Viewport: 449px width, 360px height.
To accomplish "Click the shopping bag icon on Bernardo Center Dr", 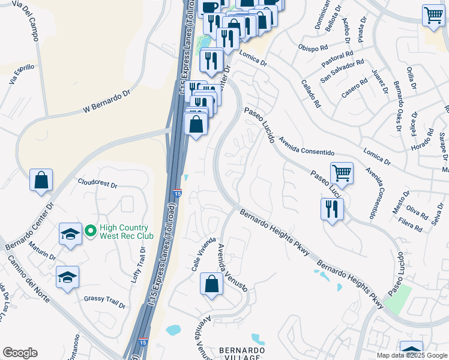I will click(x=41, y=180).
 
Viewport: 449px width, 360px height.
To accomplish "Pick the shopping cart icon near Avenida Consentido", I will click(x=342, y=173).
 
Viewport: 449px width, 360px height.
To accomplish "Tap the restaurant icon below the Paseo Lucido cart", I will click(x=332, y=209).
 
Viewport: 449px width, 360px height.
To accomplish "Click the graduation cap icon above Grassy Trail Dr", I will click(x=67, y=277).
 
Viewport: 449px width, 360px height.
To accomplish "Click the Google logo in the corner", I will click(x=20, y=353).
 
